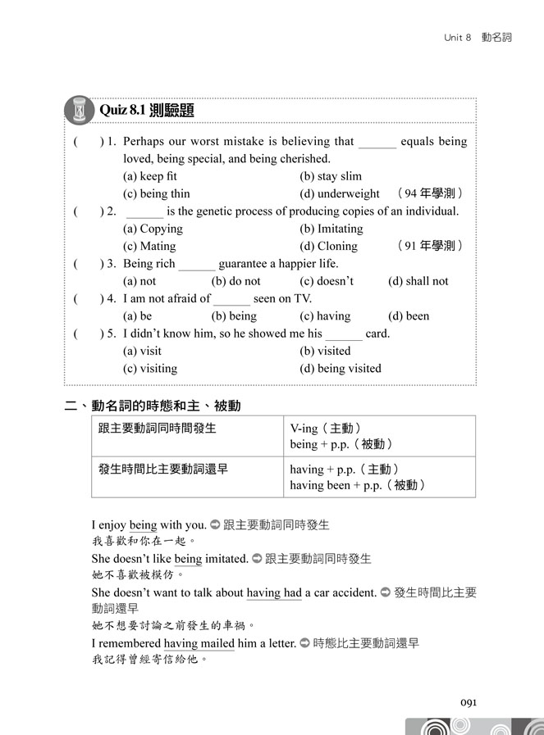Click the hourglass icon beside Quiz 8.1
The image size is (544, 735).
click(80, 109)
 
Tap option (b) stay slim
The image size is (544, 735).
click(330, 176)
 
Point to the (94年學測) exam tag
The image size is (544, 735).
click(430, 194)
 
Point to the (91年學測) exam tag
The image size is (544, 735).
click(430, 246)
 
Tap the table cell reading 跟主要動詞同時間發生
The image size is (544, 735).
click(157, 428)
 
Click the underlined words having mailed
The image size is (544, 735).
click(199, 643)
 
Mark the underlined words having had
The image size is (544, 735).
click(274, 592)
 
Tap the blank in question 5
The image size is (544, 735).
click(343, 334)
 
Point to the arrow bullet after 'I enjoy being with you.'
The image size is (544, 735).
click(215, 524)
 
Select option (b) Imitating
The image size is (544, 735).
click(331, 229)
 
